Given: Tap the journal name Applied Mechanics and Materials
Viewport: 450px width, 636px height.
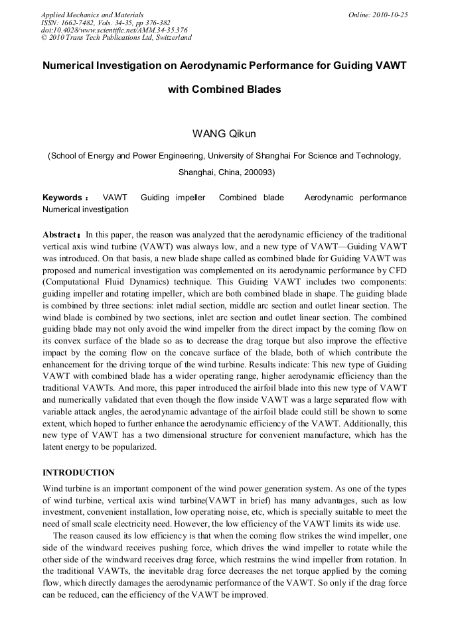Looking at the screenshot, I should coord(92,15).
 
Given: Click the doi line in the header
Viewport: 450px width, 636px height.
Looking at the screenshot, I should coord(114,30).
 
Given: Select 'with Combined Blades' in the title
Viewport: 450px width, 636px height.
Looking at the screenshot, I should coord(224,90).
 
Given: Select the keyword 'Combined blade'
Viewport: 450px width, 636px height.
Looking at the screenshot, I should coord(251,198).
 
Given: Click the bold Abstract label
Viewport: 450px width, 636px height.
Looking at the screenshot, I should coord(60,235).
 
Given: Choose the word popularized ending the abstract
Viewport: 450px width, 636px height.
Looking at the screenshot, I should coord(131,447).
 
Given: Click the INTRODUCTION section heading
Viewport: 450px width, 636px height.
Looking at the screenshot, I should coord(78,473).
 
